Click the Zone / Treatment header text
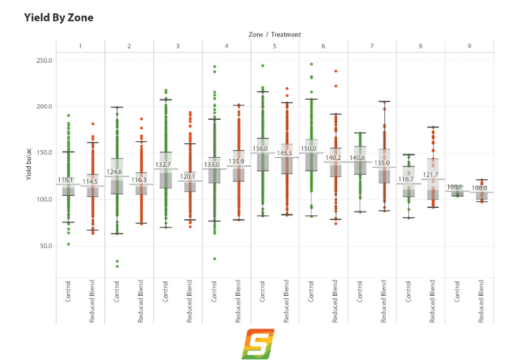[x=275, y=34]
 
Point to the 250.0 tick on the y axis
[x=45, y=60]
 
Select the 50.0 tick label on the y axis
[x=47, y=246]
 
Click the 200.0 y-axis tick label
[x=45, y=106]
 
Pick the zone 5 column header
[x=275, y=46]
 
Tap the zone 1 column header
[x=80, y=46]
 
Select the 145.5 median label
[x=286, y=153]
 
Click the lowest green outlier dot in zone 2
[x=117, y=266]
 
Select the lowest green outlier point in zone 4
[x=214, y=259]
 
